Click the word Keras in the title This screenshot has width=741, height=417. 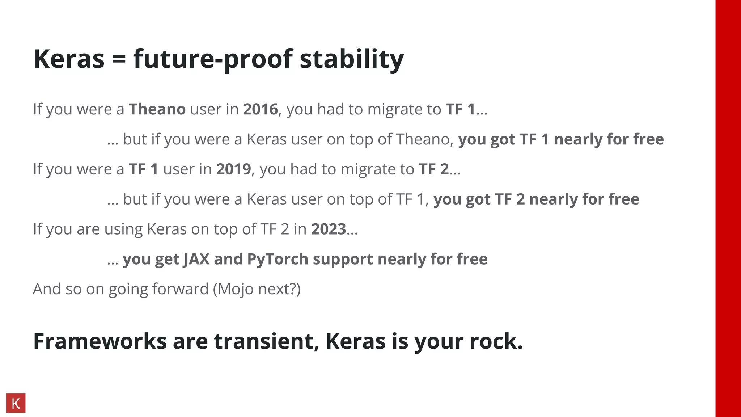69,59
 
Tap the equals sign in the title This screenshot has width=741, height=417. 119,59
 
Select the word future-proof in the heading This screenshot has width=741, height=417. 213,59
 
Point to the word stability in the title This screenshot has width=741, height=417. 351,59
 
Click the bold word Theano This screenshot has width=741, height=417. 157,109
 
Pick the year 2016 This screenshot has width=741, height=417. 260,109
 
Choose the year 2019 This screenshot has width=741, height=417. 233,169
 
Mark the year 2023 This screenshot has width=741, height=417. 329,229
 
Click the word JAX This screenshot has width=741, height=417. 196,259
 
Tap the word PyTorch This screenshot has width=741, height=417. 278,259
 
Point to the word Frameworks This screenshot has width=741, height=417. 100,341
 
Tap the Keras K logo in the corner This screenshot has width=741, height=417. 16,403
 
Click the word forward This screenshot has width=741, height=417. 180,289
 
